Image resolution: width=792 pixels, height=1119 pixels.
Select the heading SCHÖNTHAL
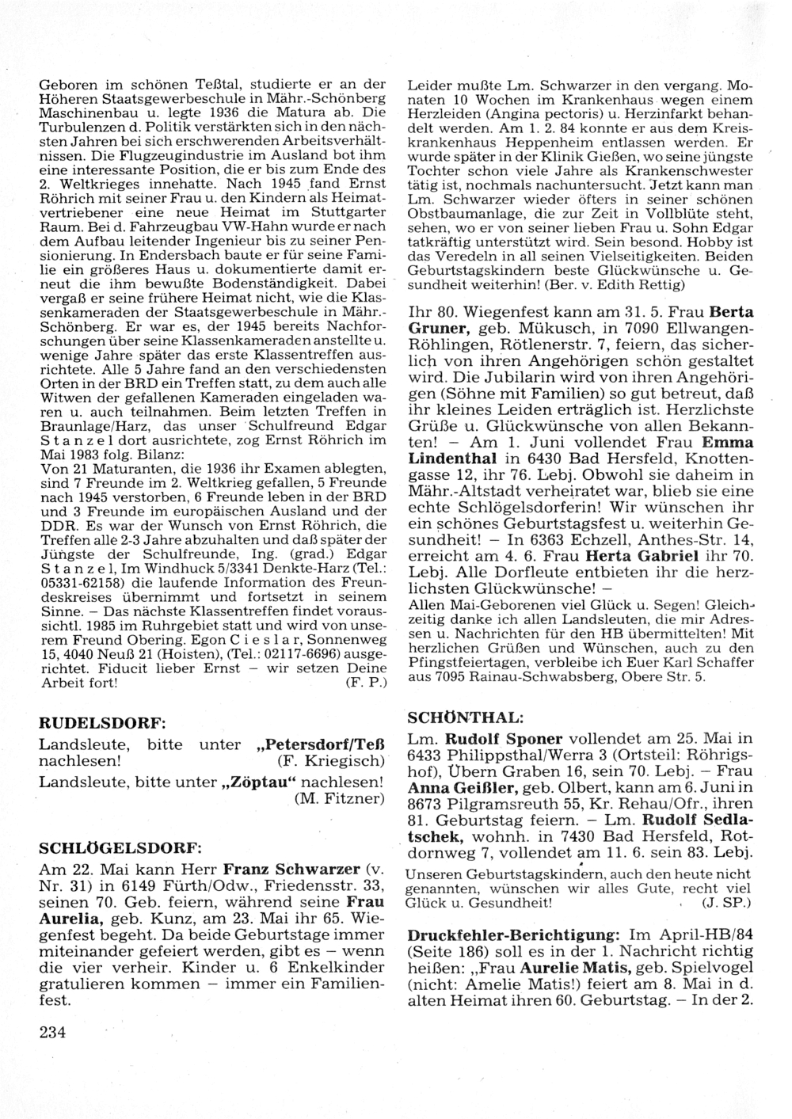pos(464,717)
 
